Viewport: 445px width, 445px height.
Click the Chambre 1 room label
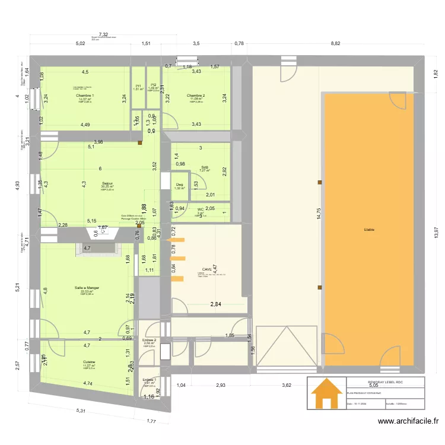click(x=85, y=95)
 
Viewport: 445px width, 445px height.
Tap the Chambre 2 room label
click(x=196, y=95)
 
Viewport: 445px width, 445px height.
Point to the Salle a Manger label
click(x=87, y=287)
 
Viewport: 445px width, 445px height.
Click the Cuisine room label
click(x=89, y=361)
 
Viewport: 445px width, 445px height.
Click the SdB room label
click(x=204, y=167)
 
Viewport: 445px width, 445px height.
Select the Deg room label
click(x=179, y=184)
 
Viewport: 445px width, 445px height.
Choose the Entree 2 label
click(x=150, y=339)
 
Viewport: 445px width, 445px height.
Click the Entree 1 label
click(x=150, y=379)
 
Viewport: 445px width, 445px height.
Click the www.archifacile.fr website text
click(x=409, y=422)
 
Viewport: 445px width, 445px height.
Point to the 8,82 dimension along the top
click(x=336, y=43)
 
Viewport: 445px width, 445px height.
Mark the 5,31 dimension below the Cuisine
click(x=81, y=411)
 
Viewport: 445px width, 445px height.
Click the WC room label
click(x=201, y=209)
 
